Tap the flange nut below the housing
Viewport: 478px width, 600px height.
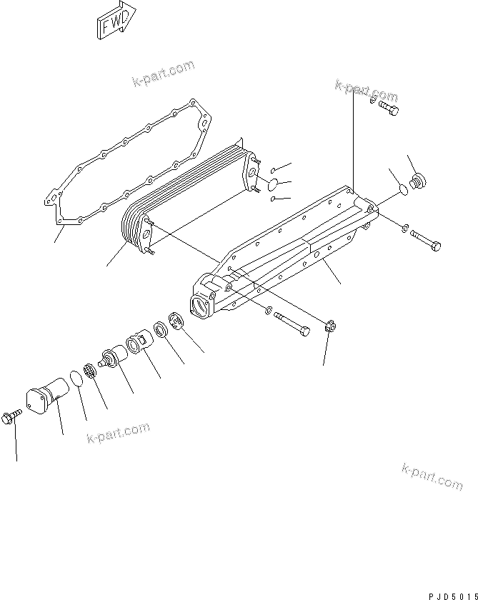tap(329, 329)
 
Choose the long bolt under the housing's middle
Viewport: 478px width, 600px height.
tap(294, 321)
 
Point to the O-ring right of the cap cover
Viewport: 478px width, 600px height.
tap(75, 377)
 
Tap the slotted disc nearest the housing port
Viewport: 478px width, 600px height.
tap(176, 321)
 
